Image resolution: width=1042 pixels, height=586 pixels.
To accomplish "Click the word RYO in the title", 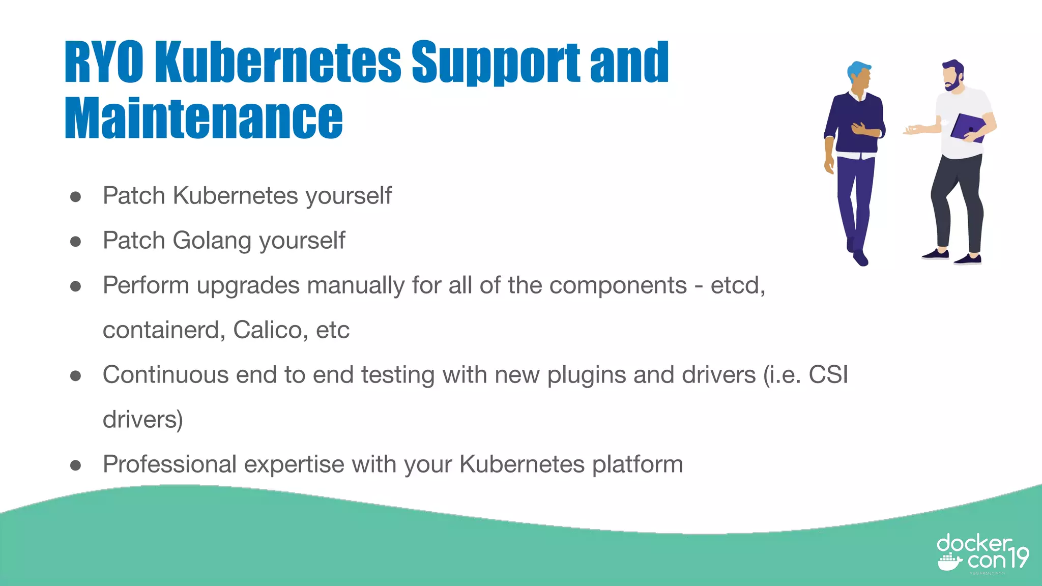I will click(x=104, y=62).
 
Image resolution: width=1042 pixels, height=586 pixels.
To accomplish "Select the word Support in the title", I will click(x=496, y=62).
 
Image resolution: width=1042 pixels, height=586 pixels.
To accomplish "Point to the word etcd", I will click(x=737, y=285).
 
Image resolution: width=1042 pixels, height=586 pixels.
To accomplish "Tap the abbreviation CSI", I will click(x=828, y=375).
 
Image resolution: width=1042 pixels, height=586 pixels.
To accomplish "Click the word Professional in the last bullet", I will click(x=170, y=464).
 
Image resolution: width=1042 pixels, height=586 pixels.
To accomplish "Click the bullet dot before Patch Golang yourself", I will click(x=76, y=241).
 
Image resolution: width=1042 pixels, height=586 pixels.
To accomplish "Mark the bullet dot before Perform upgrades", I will click(x=76, y=286).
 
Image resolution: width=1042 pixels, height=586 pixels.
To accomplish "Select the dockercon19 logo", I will click(x=982, y=554).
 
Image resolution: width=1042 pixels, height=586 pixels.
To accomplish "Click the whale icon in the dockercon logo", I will click(x=949, y=563).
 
